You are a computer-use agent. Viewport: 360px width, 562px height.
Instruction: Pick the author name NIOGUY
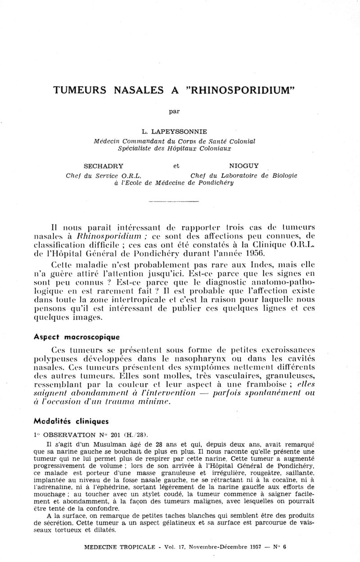coord(244,165)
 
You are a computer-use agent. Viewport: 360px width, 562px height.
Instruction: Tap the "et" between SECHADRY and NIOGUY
coord(176,165)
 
